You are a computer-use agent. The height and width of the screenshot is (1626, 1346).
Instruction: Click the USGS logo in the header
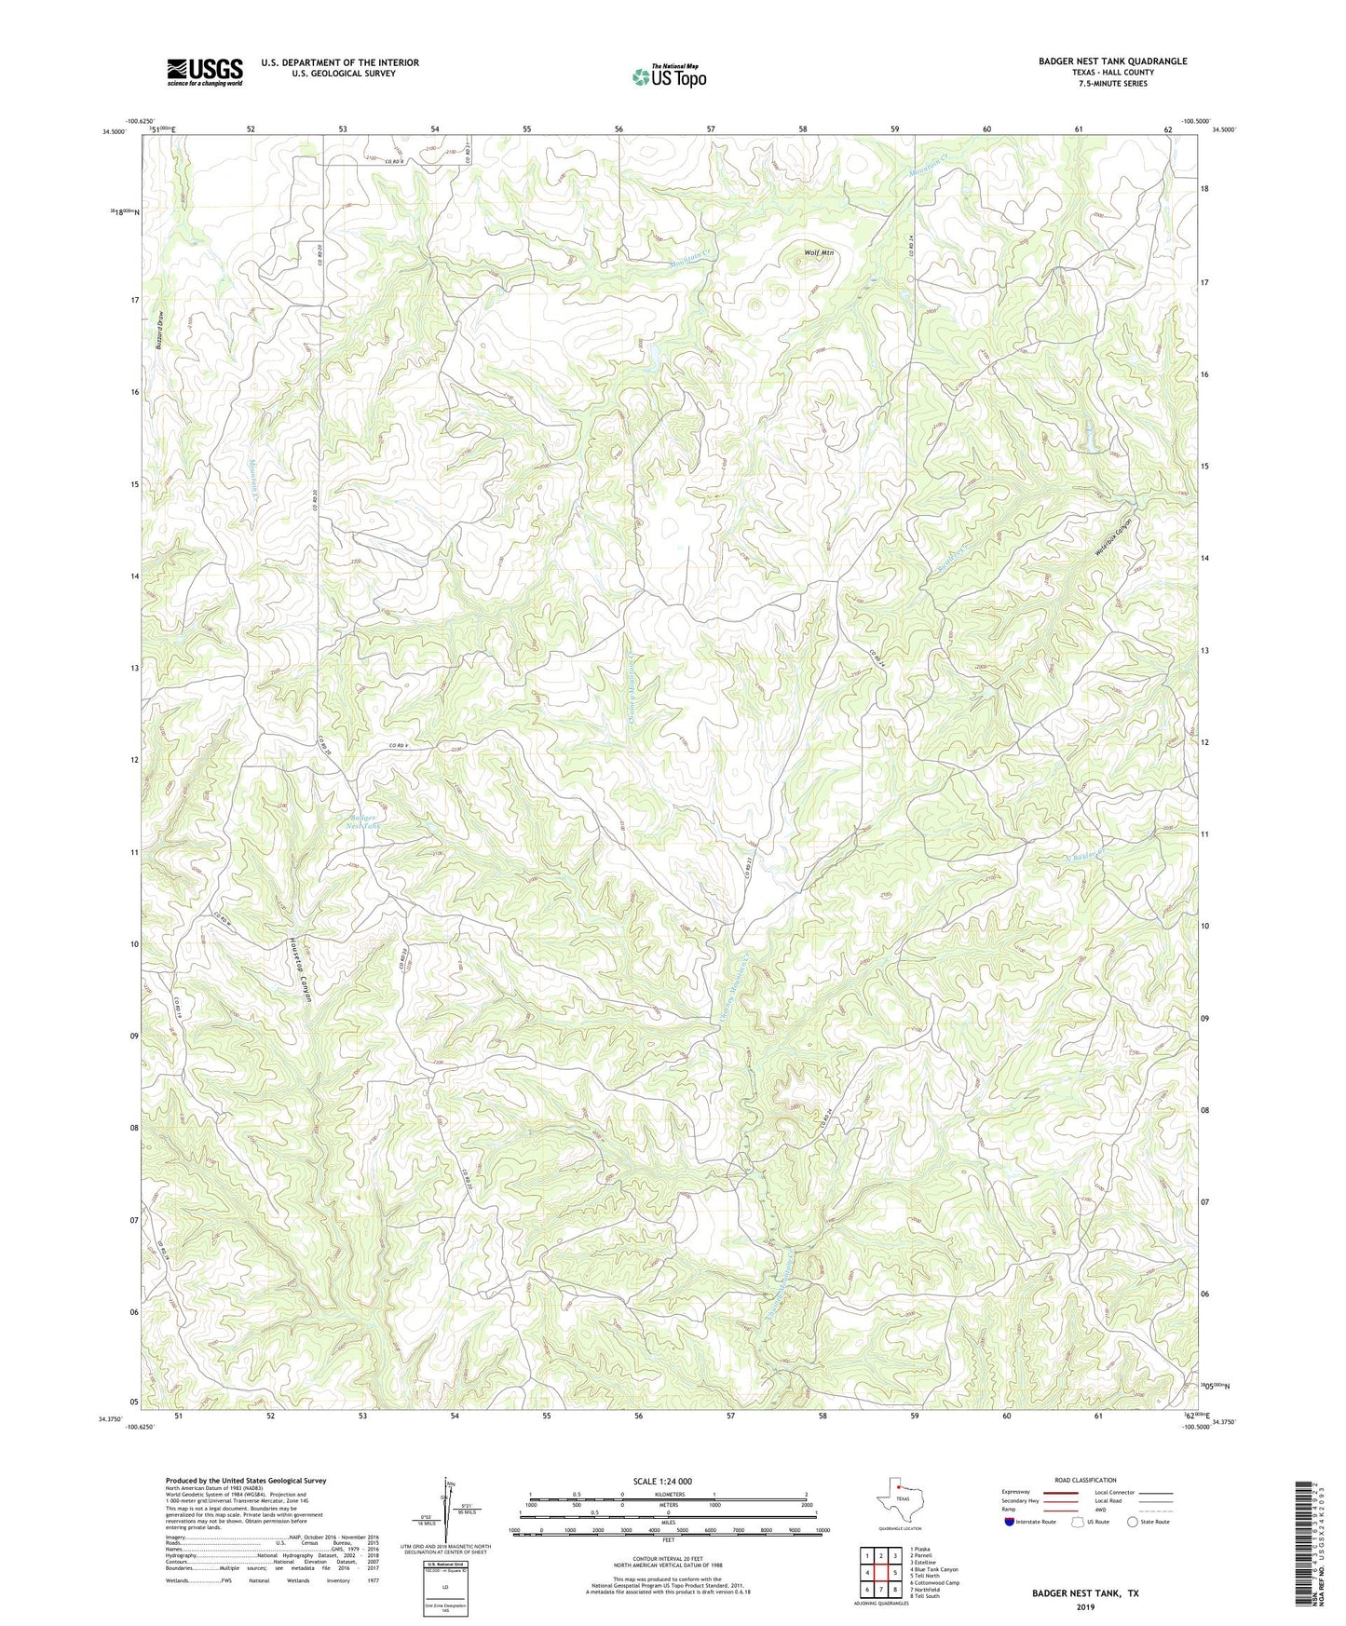pos(205,71)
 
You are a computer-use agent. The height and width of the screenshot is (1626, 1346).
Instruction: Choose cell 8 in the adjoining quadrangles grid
pos(894,1589)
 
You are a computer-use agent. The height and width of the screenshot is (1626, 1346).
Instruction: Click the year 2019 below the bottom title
pos(1084,1607)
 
